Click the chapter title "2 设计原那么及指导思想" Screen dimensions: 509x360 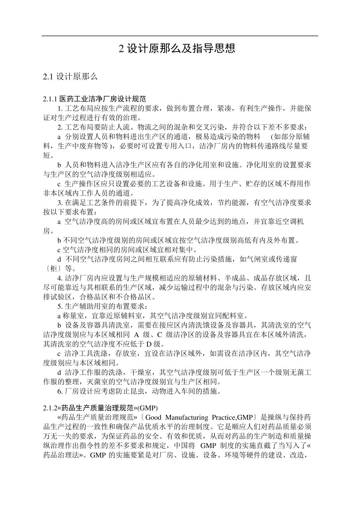click(177, 48)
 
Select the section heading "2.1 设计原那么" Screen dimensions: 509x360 click(70, 77)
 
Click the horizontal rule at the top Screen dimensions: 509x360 click(180, 36)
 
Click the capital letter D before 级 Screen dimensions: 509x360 click(149, 344)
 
